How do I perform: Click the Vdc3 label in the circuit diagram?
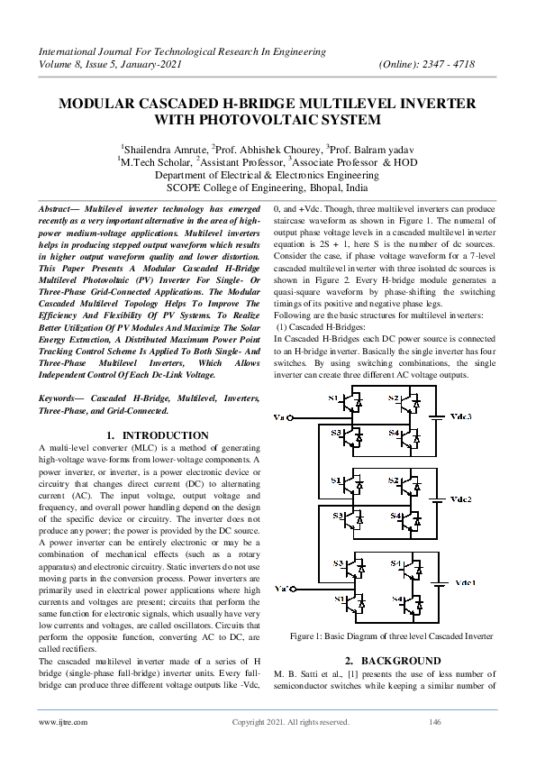point(460,417)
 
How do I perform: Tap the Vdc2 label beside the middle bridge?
point(461,498)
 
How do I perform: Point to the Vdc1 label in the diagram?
point(464,583)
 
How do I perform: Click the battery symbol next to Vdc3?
point(438,416)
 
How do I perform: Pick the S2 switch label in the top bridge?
point(394,398)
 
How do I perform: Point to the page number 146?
point(434,722)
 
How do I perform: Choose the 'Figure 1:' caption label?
point(309,636)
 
